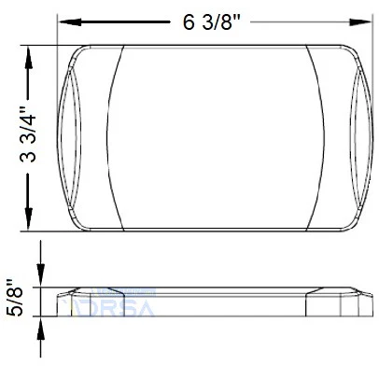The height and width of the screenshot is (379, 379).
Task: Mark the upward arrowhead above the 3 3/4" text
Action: coord(31,54)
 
